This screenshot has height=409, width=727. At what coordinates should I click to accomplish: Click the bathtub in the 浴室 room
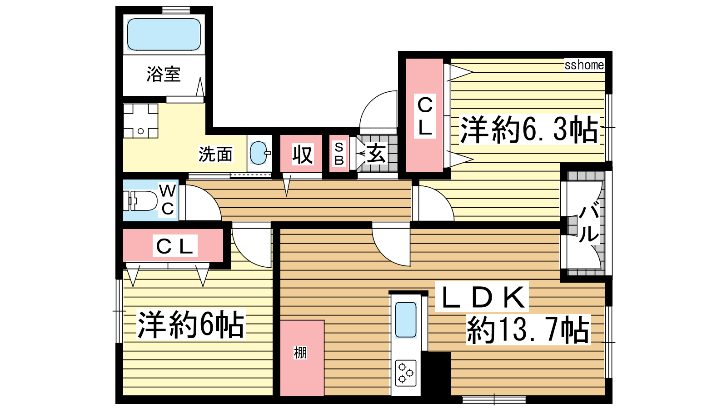coord(164,34)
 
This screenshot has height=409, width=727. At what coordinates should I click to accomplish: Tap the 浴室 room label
coord(164,74)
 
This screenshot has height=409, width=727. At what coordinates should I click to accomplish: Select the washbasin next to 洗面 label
coord(260,153)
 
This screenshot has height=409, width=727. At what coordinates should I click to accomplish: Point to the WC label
coord(167,200)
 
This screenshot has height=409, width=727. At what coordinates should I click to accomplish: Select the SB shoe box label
coord(339,154)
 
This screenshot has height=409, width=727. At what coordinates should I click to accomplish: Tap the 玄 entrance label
coord(376,153)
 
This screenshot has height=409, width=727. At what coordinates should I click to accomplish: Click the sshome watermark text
coord(584,65)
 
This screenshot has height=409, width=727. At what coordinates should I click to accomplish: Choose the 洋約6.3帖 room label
coord(529,130)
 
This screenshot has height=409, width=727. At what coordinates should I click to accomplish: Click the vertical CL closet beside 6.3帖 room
coord(424,115)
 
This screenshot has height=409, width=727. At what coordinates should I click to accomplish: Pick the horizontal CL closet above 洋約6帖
coord(174,246)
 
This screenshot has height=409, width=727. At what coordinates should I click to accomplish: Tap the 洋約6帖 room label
coord(190,324)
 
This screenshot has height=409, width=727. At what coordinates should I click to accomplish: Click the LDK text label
coord(483,297)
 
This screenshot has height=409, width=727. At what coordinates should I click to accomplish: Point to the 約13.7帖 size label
coord(528,329)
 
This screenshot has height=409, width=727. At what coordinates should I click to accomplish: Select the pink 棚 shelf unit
coord(302,358)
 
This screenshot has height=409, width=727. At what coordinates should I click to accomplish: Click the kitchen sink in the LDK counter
coord(406,320)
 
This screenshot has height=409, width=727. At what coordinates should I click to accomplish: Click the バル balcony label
coord(589,223)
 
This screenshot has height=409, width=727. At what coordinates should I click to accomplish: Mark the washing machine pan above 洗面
coord(140,121)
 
